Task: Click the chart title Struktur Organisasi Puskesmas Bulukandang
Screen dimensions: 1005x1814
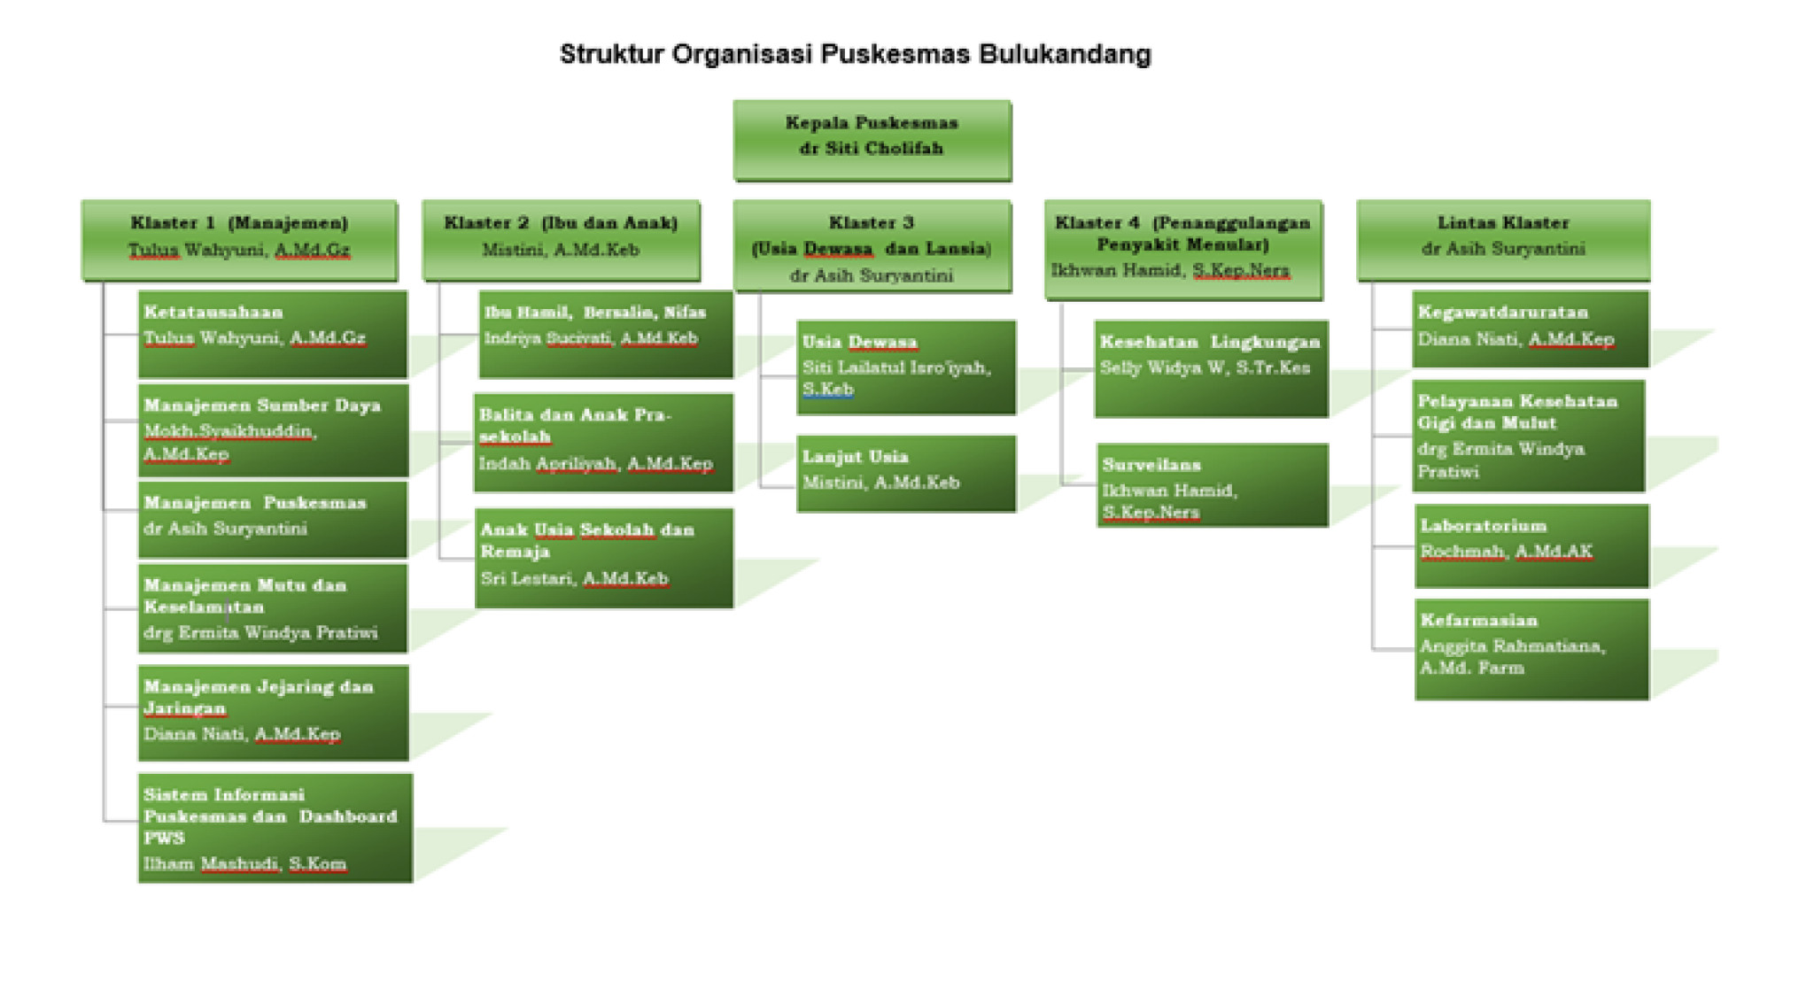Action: tap(855, 54)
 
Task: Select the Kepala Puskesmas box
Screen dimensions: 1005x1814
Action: tap(872, 140)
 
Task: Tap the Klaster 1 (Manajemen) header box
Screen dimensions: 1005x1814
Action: tap(239, 239)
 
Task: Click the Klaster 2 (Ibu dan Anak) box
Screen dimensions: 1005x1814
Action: tap(561, 239)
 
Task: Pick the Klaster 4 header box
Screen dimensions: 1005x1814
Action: tap(1182, 248)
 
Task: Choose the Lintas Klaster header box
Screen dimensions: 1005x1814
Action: tap(1503, 239)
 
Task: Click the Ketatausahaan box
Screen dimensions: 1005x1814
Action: tap(273, 334)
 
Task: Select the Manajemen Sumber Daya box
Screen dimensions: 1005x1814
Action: tap(273, 429)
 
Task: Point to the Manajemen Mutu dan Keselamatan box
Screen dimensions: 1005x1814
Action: tap(273, 608)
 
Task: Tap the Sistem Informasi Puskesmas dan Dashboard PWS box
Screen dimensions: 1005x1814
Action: tap(275, 828)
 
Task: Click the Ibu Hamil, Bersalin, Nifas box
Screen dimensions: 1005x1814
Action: tap(606, 334)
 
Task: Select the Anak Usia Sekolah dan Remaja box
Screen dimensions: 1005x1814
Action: tap(604, 557)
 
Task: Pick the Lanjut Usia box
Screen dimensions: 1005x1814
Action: tap(905, 473)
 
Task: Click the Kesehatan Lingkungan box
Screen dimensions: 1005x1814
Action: tap(1211, 367)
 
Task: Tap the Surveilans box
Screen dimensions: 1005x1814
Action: tap(1212, 485)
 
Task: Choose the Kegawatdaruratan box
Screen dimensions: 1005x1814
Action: tap(1530, 329)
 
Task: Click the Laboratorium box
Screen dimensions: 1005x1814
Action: tap(1531, 545)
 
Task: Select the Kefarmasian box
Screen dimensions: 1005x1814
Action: tap(1531, 649)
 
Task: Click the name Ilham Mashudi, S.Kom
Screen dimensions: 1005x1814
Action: tap(245, 863)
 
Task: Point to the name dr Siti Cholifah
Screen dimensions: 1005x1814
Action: tap(872, 149)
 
